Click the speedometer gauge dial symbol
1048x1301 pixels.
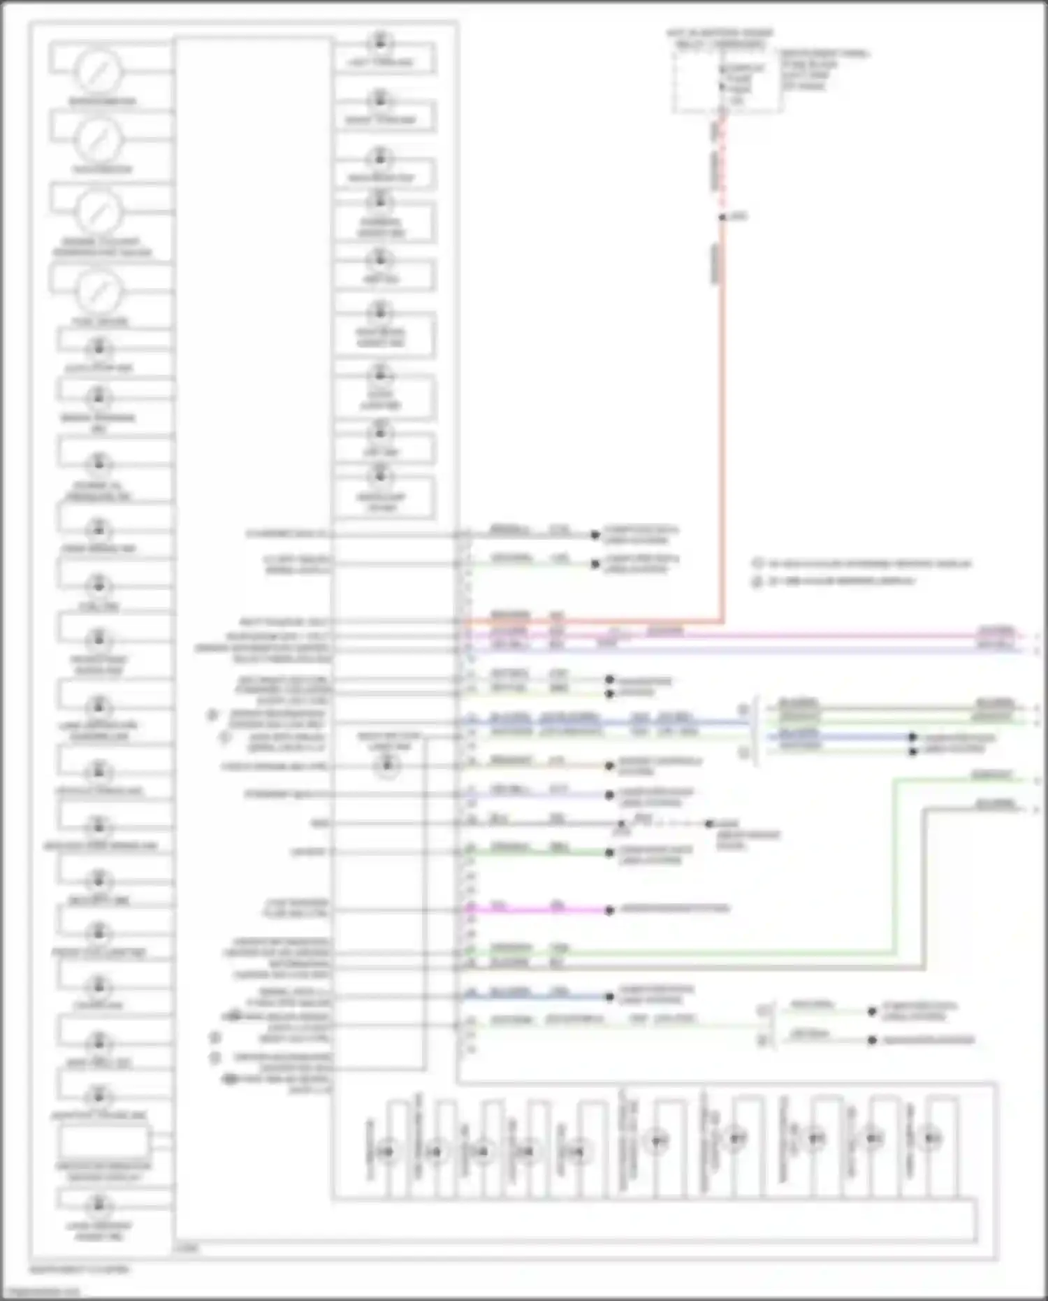[99, 71]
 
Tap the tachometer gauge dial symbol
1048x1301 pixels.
[99, 139]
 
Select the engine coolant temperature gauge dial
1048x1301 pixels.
[99, 211]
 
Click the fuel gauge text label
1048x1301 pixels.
[101, 322]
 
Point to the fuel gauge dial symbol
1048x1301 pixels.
[99, 292]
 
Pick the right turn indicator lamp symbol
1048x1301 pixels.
[380, 99]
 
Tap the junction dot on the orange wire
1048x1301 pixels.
[722, 217]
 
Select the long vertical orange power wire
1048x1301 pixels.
[722, 419]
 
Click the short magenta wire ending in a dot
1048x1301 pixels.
[538, 910]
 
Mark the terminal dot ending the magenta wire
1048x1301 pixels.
[609, 910]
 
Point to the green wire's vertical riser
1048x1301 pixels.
[895, 867]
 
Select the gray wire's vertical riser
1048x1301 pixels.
[924, 888]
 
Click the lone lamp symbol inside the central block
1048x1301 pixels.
[386, 766]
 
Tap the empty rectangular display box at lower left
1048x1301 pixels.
[103, 1142]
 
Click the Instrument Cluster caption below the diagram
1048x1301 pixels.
[80, 1269]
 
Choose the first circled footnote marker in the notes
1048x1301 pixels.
[757, 563]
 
